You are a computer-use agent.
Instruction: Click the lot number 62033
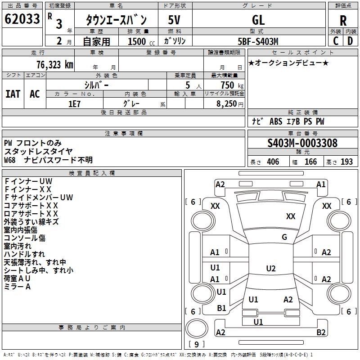[x=22, y=19]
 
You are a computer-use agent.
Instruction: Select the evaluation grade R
[x=343, y=21]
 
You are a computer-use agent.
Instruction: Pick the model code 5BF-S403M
[x=258, y=41]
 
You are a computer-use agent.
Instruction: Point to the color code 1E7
[x=74, y=103]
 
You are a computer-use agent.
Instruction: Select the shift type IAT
[x=13, y=94]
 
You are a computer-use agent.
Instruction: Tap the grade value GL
[x=258, y=20]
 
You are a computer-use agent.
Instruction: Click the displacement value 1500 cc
[x=138, y=41]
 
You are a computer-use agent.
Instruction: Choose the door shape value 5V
[x=175, y=20]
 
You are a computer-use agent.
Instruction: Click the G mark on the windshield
[x=284, y=237]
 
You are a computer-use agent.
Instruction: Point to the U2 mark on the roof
[x=271, y=269]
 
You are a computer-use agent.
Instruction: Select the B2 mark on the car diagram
[x=321, y=333]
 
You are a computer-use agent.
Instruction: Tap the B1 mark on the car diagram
[x=221, y=308]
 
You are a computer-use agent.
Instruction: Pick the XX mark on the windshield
[x=291, y=216]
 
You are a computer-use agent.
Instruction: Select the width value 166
[x=311, y=162]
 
